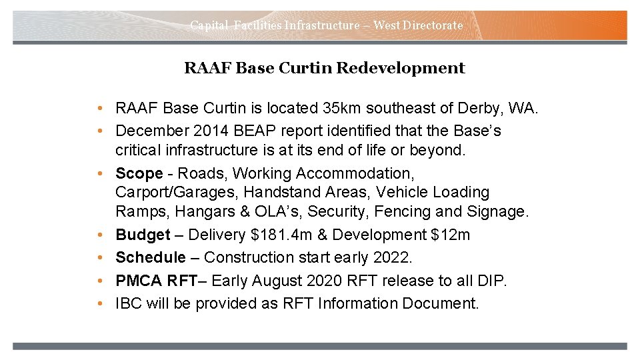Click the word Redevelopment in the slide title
(x=401, y=68)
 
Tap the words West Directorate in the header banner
(x=418, y=25)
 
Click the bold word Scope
(x=139, y=174)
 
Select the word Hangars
(x=191, y=212)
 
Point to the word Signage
(x=498, y=212)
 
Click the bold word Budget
(x=143, y=235)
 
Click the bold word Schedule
(x=151, y=257)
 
